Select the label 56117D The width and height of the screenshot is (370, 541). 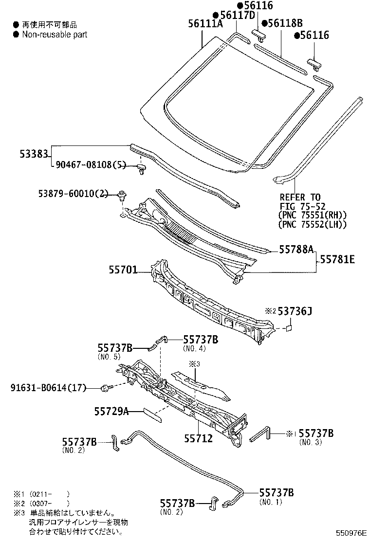pos(236,15)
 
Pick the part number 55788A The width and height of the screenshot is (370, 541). pos(296,250)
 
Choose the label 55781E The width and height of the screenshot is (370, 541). pos(337,260)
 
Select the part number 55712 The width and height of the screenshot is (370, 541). pos(198,438)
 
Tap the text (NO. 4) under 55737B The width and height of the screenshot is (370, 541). pos(195,349)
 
